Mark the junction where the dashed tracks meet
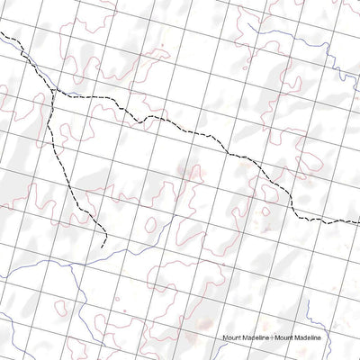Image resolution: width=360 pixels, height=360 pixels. (x=55, y=92)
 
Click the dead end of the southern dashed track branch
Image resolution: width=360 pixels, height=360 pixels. (x=106, y=246)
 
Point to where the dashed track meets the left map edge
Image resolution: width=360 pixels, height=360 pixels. (x=1, y=34)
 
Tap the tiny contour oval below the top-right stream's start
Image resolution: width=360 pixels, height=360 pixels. (x=335, y=72)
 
